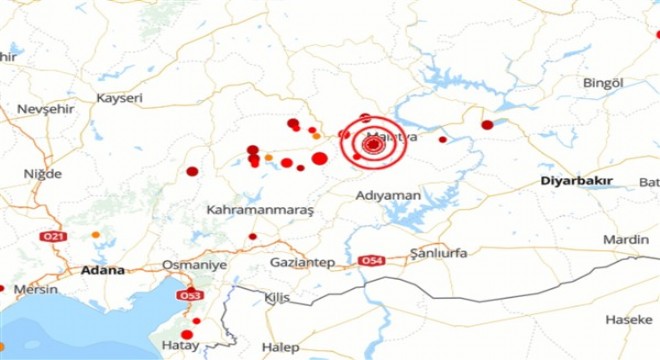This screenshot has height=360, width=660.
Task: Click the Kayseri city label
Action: click(120, 98)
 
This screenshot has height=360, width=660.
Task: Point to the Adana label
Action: click(104, 270)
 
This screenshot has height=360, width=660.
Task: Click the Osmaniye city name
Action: click(195, 265)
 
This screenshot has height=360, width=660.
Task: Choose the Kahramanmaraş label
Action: click(260, 211)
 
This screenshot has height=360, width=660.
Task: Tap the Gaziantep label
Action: click(301, 262)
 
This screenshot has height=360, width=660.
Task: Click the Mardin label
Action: click(626, 240)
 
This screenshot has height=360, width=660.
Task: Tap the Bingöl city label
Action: click(603, 81)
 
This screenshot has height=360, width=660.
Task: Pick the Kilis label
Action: click(276, 298)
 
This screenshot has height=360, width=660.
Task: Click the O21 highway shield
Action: click(53, 236)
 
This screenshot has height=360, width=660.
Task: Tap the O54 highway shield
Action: click(373, 261)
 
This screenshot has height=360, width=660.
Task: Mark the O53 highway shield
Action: click(189, 295)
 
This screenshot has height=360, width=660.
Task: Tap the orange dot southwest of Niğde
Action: click(95, 235)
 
